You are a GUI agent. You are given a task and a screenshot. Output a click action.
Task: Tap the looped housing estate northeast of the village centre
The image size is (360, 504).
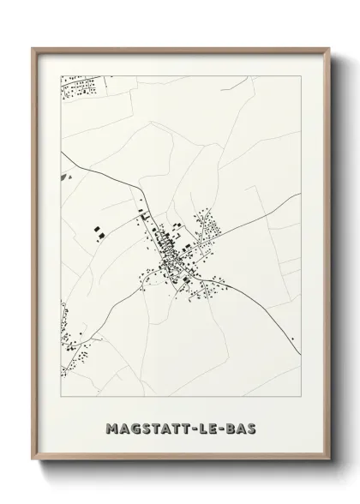pyautogui.click(x=207, y=227)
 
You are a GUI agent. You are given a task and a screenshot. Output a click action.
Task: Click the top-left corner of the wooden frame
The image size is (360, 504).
pyautogui.click(x=33, y=47)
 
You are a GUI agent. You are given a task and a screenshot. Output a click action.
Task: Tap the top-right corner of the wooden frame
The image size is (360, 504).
pyautogui.click(x=327, y=47)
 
